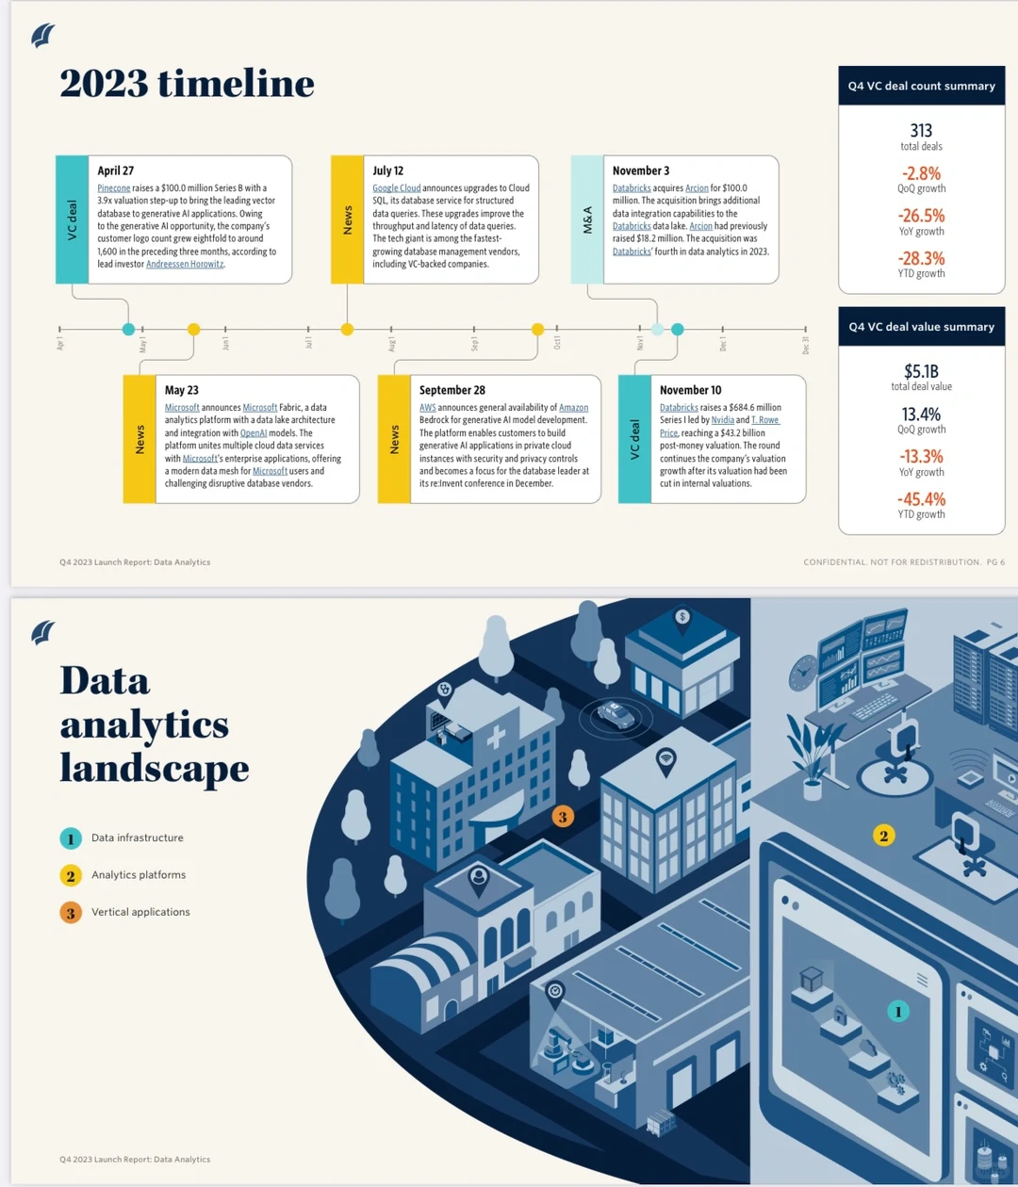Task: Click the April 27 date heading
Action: point(116,171)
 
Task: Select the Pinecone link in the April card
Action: point(114,187)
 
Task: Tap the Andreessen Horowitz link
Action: point(185,264)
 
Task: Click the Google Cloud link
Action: point(397,187)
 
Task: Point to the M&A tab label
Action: point(587,220)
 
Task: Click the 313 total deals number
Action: point(922,130)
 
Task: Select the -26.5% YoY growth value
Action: point(922,216)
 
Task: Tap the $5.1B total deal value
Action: point(922,371)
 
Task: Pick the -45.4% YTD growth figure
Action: point(922,499)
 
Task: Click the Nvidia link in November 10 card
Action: point(723,420)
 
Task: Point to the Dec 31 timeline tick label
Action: point(805,345)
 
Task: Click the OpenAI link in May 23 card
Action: point(254,433)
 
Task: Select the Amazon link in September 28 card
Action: point(573,407)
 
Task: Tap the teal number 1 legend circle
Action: point(71,839)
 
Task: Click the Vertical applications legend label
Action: point(140,912)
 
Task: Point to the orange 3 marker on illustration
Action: point(563,817)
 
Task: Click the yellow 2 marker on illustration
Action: point(883,836)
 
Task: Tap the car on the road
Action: point(616,714)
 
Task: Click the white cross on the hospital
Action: point(496,738)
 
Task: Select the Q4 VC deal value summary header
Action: point(922,327)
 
